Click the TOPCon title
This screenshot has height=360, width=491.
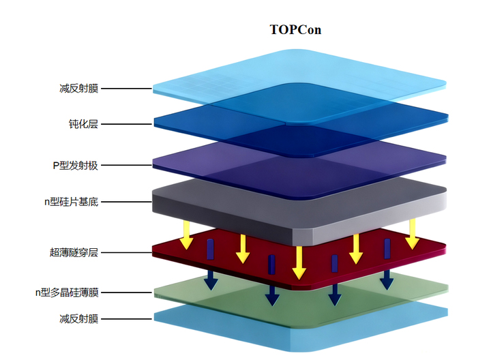[x=295, y=30]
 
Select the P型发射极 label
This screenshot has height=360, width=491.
[x=76, y=165]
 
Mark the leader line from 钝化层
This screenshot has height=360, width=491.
[x=127, y=124]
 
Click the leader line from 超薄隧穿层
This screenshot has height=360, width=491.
[x=127, y=252]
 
